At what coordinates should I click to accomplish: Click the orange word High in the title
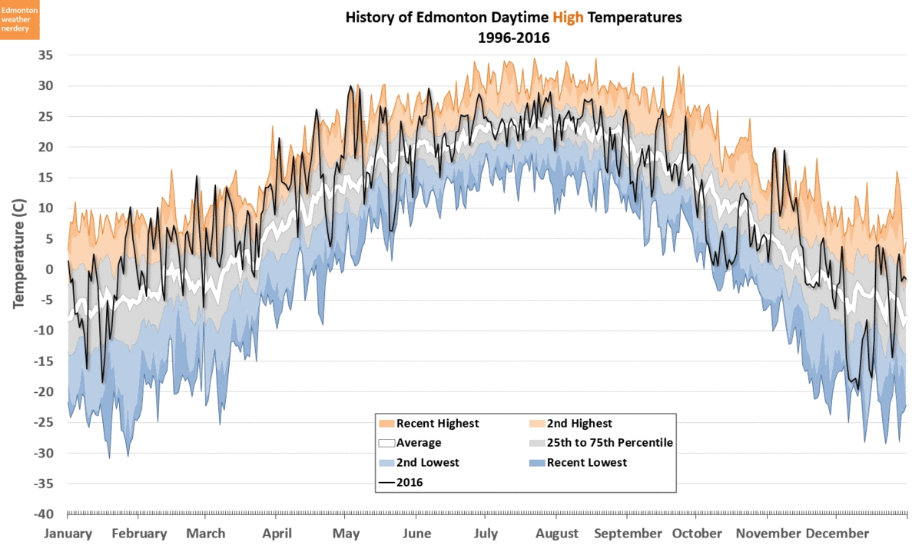click(x=568, y=17)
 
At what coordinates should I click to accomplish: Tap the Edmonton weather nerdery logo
click(x=20, y=20)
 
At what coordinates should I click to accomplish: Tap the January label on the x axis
click(x=68, y=534)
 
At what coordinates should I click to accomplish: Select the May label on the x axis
click(x=347, y=534)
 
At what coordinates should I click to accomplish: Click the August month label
click(x=557, y=534)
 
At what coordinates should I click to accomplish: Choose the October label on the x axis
click(x=697, y=534)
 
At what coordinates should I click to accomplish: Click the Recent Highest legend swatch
click(x=386, y=423)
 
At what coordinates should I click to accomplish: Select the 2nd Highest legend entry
click(x=569, y=423)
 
